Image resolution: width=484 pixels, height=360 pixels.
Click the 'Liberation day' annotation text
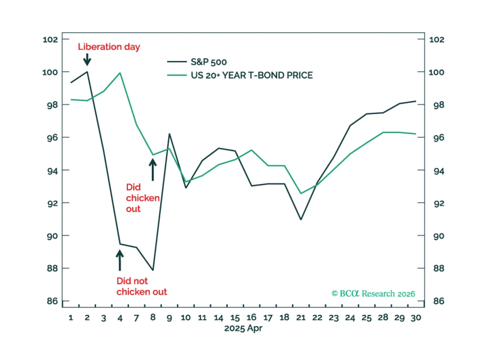click(109, 47)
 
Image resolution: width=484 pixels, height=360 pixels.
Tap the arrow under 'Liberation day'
click(87, 59)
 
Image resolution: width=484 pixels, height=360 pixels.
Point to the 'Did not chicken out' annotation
click(141, 286)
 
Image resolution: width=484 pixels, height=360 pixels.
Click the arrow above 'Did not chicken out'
click(120, 260)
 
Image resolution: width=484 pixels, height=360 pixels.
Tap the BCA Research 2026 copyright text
click(373, 294)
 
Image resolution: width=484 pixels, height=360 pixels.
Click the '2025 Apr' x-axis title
click(243, 329)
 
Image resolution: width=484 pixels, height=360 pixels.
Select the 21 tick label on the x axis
click(301, 318)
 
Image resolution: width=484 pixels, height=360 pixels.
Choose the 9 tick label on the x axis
click(169, 318)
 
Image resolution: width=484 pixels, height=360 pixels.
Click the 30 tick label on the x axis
click(416, 318)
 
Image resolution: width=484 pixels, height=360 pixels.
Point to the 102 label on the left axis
click(50, 40)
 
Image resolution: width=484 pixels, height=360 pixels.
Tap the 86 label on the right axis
click(439, 301)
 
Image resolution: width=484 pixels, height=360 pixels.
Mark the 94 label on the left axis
click(52, 171)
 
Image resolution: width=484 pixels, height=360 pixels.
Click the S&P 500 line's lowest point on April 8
click(153, 270)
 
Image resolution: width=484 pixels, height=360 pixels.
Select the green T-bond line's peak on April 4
click(120, 73)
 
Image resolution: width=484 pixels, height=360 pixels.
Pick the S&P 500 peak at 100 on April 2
click(87, 72)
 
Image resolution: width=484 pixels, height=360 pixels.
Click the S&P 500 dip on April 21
click(301, 219)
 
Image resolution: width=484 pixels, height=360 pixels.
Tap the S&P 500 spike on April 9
click(169, 134)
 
